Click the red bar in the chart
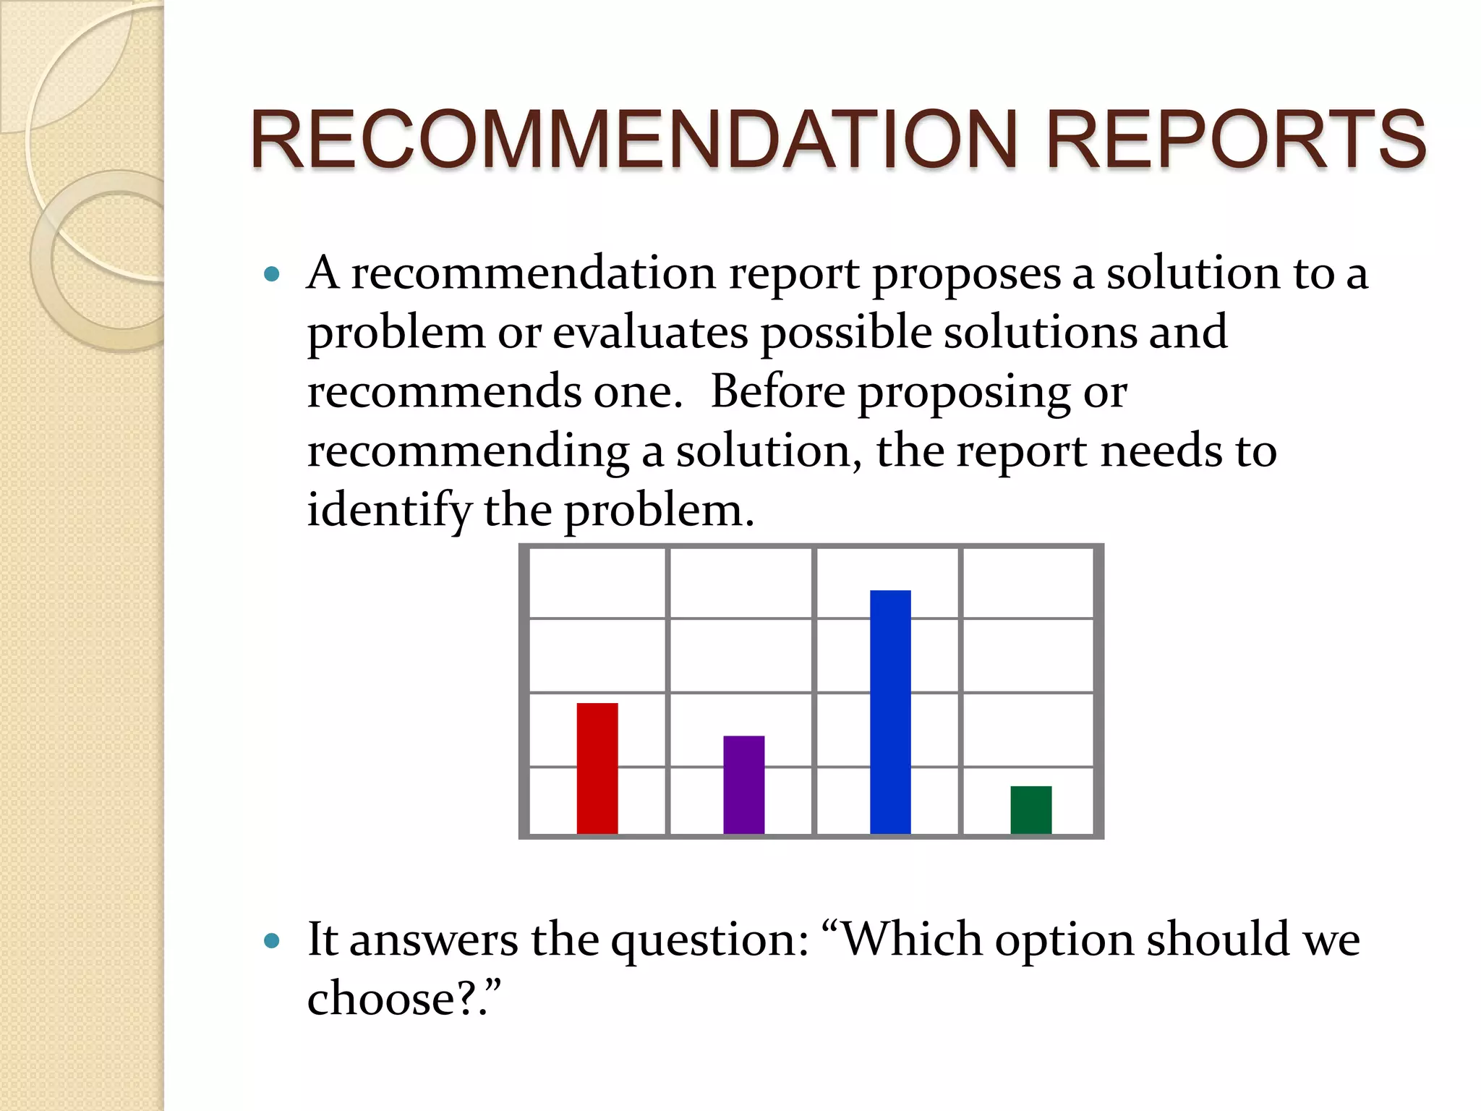[x=597, y=768]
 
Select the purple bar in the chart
[x=743, y=785]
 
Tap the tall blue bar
[x=890, y=712]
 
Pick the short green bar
[x=1030, y=809]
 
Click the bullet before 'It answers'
[x=272, y=940]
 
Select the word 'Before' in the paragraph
[x=777, y=391]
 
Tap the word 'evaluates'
[x=650, y=333]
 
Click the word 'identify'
[x=389, y=511]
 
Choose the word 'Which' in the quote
[x=913, y=940]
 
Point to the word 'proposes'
[x=966, y=276]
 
